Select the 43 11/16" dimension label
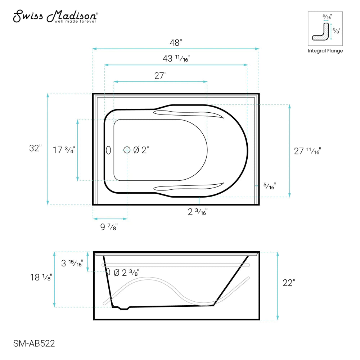pyautogui.click(x=176, y=59)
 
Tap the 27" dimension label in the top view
pyautogui.click(x=160, y=76)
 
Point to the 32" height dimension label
pyautogui.click(x=36, y=148)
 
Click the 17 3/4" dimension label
pyautogui.click(x=64, y=150)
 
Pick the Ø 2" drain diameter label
pyautogui.click(x=141, y=150)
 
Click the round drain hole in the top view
pyautogui.click(x=127, y=150)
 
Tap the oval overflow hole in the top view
pyautogui.click(x=108, y=150)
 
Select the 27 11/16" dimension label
pyautogui.click(x=307, y=151)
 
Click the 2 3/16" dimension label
pyautogui.click(x=198, y=212)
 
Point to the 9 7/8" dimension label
pyautogui.click(x=109, y=227)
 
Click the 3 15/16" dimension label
pyautogui.click(x=72, y=263)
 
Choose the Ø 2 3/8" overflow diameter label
pyautogui.click(x=126, y=273)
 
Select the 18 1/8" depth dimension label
pyautogui.click(x=41, y=277)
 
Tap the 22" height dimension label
pyautogui.click(x=289, y=283)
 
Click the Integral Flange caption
pyautogui.click(x=325, y=51)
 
